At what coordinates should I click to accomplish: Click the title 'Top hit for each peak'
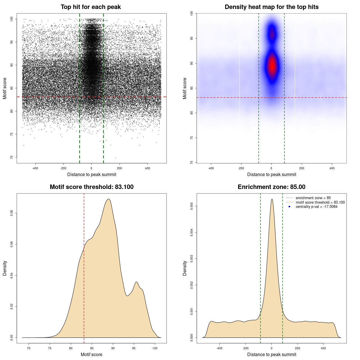(x=91, y=7)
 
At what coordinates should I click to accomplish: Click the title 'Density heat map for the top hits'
(x=271, y=7)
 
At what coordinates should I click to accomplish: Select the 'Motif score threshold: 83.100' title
(x=91, y=187)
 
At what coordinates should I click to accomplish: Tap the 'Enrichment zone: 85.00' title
(x=271, y=187)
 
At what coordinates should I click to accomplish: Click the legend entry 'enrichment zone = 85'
(x=313, y=198)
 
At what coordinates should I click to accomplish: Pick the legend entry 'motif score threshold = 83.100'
(x=320, y=202)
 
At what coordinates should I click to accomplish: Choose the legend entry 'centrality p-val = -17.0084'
(x=316, y=207)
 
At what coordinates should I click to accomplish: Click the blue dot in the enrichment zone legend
(x=289, y=207)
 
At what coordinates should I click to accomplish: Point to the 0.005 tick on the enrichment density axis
(x=192, y=206)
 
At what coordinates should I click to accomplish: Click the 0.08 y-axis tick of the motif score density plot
(x=12, y=213)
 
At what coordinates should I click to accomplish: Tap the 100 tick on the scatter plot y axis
(x=12, y=19)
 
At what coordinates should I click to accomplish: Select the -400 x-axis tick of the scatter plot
(x=35, y=168)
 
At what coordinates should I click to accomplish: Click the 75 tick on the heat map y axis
(x=192, y=138)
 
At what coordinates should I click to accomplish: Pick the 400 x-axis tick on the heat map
(x=332, y=168)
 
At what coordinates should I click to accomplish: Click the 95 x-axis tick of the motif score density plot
(x=134, y=348)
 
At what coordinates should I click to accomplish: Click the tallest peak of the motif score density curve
(x=109, y=199)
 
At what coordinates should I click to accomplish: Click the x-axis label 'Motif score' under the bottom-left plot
(x=91, y=354)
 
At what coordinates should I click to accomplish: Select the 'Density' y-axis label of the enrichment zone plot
(x=185, y=268)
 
